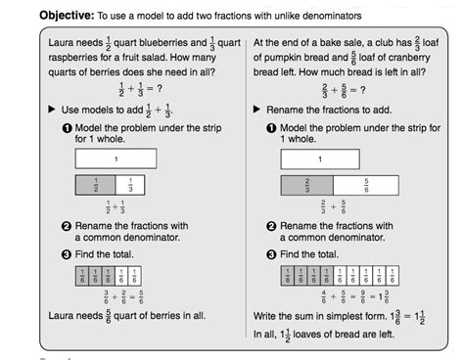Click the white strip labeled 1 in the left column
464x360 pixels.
point(116,157)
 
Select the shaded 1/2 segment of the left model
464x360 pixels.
point(95,184)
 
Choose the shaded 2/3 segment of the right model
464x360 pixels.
point(306,184)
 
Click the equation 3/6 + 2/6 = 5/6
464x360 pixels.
point(116,296)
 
